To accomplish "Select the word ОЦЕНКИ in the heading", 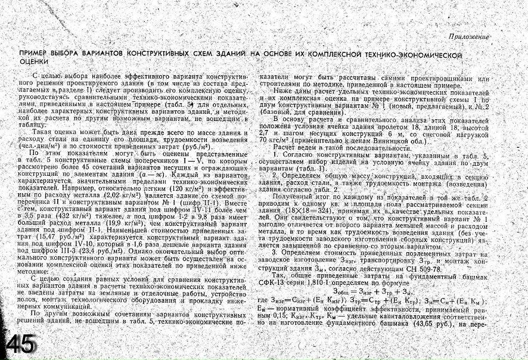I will tap(34, 61).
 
